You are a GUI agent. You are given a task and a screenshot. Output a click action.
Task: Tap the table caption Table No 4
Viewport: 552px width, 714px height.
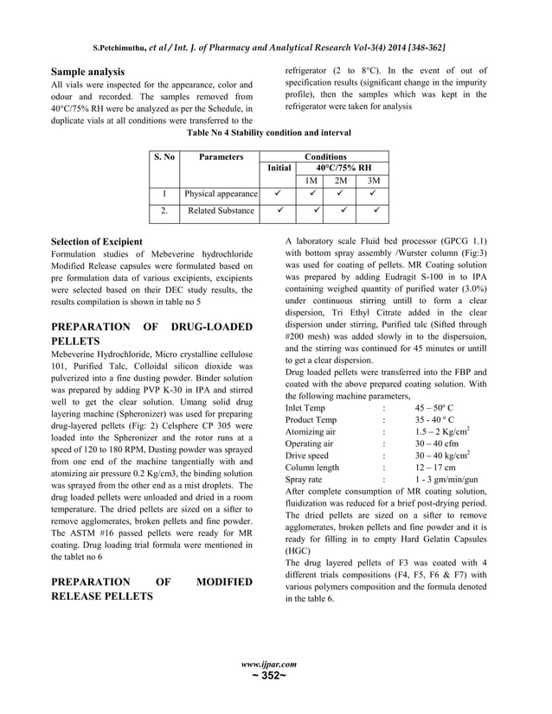click(x=276, y=133)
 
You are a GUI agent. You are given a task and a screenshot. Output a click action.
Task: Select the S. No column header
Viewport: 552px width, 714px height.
click(x=164, y=157)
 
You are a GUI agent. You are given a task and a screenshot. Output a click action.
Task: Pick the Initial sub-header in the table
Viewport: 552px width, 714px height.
click(x=279, y=169)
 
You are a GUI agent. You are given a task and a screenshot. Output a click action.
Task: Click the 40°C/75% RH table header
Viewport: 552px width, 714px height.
click(x=343, y=169)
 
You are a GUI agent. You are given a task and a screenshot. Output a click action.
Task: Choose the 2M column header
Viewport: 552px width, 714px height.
click(x=342, y=181)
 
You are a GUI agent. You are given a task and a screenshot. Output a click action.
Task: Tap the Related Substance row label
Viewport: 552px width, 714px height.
click(x=221, y=210)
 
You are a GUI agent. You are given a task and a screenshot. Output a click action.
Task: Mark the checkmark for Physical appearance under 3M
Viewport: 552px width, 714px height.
click(x=374, y=194)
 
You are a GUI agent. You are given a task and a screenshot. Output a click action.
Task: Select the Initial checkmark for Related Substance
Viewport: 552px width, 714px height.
click(x=279, y=210)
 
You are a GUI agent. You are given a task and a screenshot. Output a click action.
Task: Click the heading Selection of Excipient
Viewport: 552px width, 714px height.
click(x=97, y=241)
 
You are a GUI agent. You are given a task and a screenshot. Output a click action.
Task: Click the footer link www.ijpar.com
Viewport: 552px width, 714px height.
click(x=276, y=664)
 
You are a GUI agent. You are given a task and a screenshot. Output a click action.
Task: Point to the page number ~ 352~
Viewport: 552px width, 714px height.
click(x=276, y=676)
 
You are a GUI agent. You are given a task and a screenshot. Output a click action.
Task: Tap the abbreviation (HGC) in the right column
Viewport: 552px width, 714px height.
click(x=299, y=549)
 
